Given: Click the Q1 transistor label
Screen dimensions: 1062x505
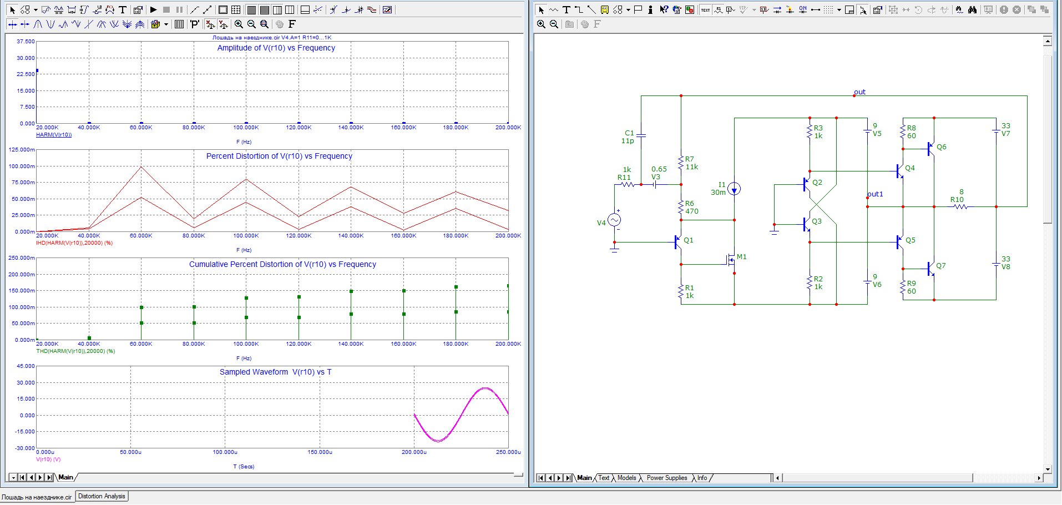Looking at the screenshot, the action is tap(689, 240).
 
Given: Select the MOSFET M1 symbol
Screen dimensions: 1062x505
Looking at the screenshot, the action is tap(731, 259).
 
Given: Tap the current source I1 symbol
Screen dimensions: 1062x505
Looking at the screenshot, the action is tap(734, 189).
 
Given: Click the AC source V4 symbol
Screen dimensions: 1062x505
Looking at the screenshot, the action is tap(614, 220).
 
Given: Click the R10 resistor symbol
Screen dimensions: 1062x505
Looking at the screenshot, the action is tap(960, 207).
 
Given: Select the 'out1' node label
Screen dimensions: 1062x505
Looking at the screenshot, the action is tap(875, 194).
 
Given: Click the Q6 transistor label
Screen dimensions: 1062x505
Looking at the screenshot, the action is tap(942, 147).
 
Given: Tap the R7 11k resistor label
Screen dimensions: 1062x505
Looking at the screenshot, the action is tap(691, 163).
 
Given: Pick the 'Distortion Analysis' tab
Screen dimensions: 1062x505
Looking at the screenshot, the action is tap(102, 496).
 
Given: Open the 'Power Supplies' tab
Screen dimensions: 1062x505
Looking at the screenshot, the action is tap(667, 478).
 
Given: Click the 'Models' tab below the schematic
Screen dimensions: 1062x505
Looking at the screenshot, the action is tap(627, 478).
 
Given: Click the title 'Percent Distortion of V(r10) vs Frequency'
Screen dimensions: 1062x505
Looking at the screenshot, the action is tap(279, 156).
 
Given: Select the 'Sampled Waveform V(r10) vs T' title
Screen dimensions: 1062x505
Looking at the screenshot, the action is tap(275, 372).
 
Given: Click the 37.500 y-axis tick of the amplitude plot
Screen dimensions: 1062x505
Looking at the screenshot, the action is tap(26, 42).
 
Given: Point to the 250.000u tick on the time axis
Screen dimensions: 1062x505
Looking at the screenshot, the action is tap(508, 452).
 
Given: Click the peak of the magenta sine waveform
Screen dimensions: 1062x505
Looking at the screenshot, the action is tap(486, 388).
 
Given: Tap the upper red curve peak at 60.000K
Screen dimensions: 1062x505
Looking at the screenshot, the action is tap(141, 166).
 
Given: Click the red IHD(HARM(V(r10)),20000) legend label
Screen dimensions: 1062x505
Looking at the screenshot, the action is tap(74, 243).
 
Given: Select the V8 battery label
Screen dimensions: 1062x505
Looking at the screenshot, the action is tap(1006, 267).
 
